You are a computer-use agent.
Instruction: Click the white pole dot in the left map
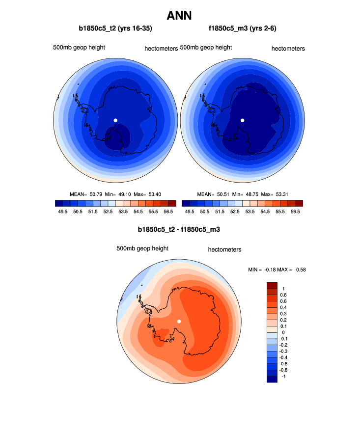point(115,120)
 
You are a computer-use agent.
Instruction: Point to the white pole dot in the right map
point(242,120)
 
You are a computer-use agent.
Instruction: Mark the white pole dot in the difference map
point(179,321)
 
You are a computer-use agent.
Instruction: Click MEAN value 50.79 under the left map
point(96,194)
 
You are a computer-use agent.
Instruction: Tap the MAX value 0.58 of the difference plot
point(301,270)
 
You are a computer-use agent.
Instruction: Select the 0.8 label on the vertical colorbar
point(283,295)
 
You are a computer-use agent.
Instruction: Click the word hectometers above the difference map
point(224,249)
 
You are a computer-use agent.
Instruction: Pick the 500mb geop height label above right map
point(206,48)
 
